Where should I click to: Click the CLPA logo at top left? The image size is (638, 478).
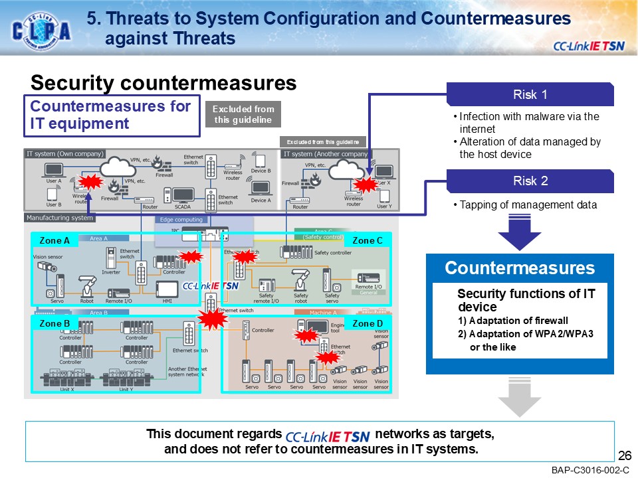coord(41,30)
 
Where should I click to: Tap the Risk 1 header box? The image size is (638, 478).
coord(530,94)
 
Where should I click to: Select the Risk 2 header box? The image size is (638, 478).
coord(530,181)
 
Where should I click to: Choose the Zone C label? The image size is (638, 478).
coord(368,240)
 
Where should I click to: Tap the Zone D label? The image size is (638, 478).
coord(368,324)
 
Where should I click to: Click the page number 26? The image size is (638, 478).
coord(624,455)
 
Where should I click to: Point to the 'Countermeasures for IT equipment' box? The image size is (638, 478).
coord(112,115)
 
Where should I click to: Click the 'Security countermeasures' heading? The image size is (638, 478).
coord(163,83)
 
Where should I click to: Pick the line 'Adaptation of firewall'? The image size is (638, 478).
coord(513,321)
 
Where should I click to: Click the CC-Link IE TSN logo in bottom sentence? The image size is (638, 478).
coord(327,436)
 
